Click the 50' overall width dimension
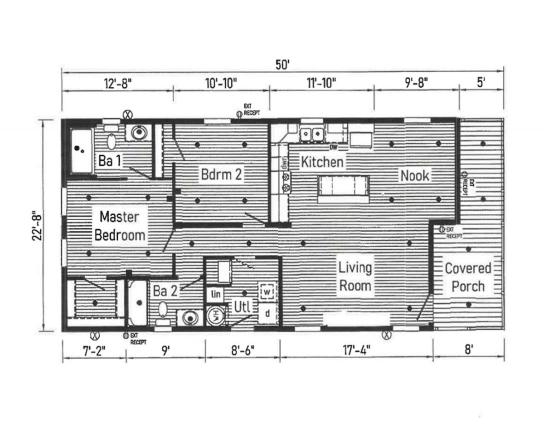click(x=282, y=64)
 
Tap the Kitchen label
click(x=322, y=161)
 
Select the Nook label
click(x=414, y=175)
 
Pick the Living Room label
click(x=355, y=276)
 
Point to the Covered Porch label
click(x=468, y=277)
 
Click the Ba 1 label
click(x=109, y=161)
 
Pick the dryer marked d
click(x=267, y=313)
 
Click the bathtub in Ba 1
click(x=82, y=151)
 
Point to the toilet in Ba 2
click(x=162, y=314)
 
